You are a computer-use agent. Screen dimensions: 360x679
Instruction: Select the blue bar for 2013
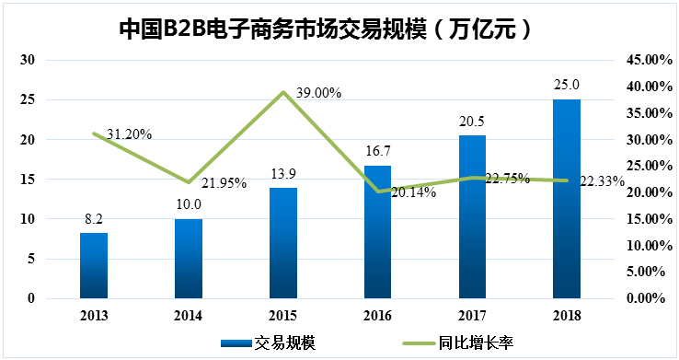pos(94,265)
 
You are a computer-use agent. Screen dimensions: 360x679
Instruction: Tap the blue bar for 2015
pos(283,243)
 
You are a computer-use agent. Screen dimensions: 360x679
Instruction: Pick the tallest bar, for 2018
pos(567,199)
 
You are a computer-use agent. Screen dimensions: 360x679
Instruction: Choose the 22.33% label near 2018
pos(603,182)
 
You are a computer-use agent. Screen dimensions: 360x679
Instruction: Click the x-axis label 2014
pos(189,316)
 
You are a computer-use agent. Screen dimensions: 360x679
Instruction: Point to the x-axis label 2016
pos(377,316)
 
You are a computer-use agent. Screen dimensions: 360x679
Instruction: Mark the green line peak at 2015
pos(283,92)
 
